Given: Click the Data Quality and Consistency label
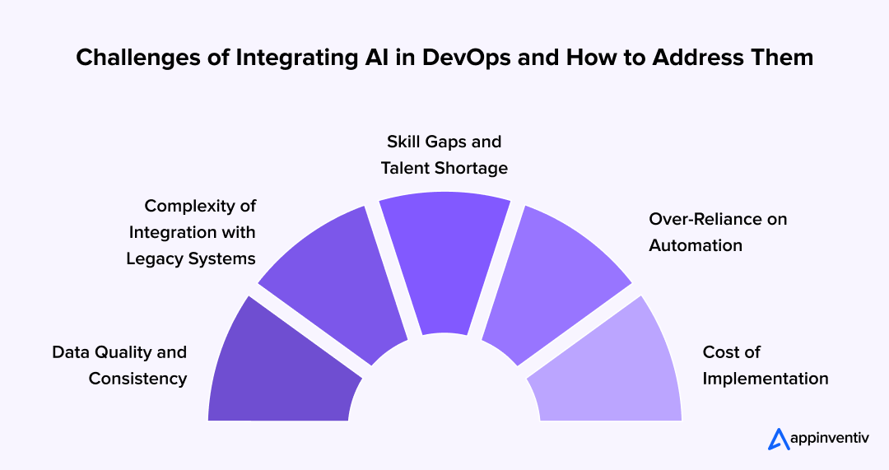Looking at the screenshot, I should (119, 365).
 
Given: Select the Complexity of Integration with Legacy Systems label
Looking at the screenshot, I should (191, 232).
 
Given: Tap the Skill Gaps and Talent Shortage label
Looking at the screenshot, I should (444, 155).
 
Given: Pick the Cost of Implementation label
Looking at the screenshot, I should (765, 365).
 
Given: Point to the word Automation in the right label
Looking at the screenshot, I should (696, 245).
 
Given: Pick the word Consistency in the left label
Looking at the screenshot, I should (137, 379).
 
